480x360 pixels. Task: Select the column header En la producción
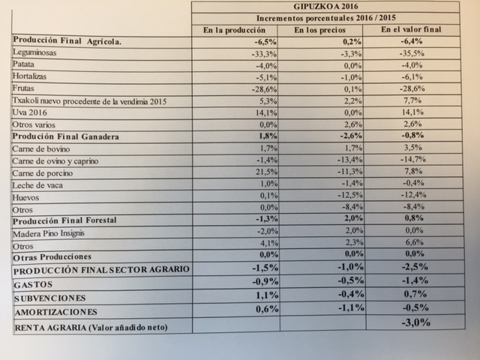tap(235, 30)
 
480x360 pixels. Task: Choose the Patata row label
tap(26, 65)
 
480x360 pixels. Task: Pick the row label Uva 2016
tap(30, 112)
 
